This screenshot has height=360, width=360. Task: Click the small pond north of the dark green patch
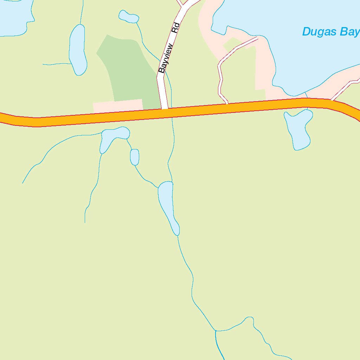pyautogui.click(x=129, y=17)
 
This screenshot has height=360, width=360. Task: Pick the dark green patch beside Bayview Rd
pyautogui.click(x=127, y=70)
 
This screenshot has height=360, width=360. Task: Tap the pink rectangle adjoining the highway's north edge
pyautogui.click(x=118, y=106)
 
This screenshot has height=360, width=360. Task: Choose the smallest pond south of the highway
pyautogui.click(x=134, y=157)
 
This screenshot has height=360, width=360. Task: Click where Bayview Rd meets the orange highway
pyautogui.click(x=164, y=110)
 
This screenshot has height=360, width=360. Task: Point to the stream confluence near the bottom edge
pyautogui.click(x=215, y=331)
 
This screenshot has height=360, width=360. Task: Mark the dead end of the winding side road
pyautogui.click(x=258, y=37)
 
